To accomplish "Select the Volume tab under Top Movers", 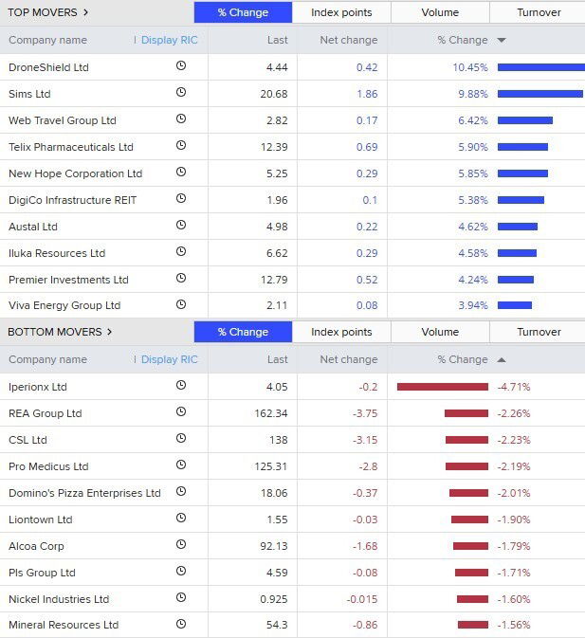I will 440,12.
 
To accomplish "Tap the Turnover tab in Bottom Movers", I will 539,332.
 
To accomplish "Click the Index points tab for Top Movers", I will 341,12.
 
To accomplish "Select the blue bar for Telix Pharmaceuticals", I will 522,147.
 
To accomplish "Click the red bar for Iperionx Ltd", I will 442,387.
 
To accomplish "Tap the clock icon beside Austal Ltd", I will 181,226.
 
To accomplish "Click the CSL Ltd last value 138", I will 278,440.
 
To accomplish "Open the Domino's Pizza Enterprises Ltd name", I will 84,493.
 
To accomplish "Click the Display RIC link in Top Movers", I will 169,40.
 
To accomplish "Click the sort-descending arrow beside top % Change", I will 502,41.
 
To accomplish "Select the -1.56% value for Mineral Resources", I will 513,625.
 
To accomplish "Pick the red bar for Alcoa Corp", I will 470,546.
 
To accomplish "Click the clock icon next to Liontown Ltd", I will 181,519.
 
